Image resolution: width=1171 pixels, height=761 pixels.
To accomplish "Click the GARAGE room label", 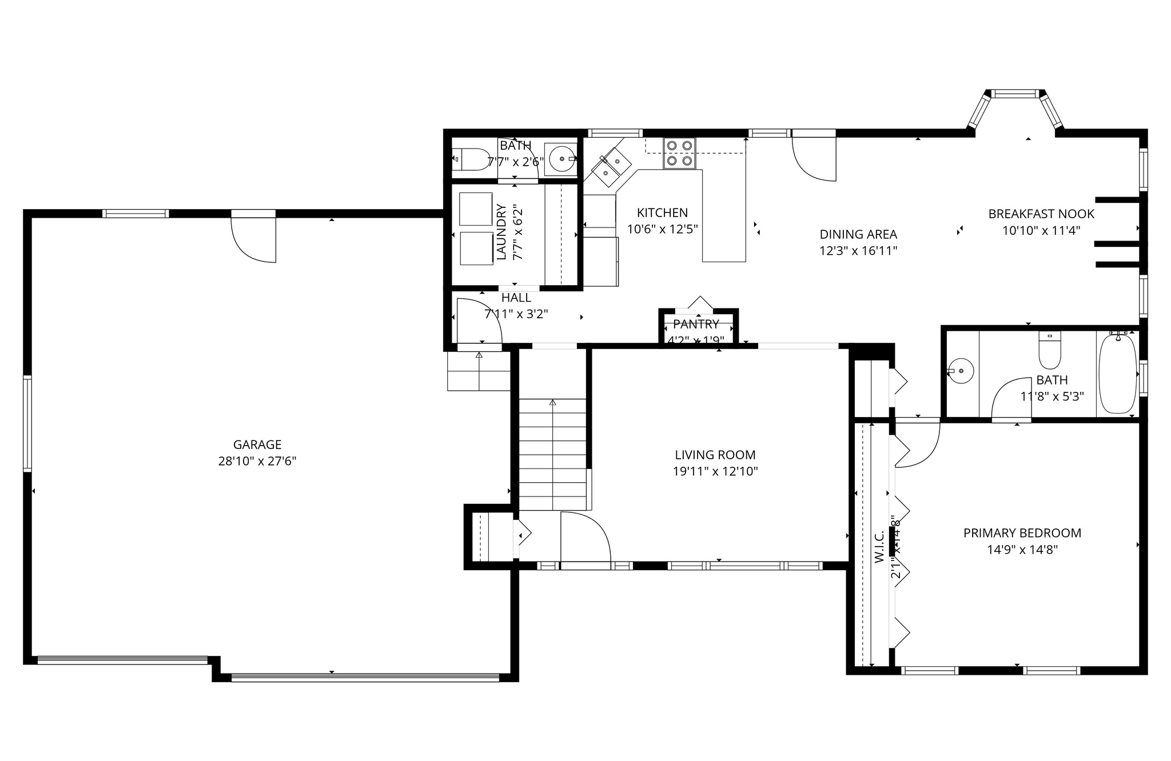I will (x=257, y=444).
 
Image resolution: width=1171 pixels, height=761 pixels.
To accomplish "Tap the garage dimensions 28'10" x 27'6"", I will (x=257, y=461).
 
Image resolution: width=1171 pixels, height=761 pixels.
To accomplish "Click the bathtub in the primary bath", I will (x=1117, y=374).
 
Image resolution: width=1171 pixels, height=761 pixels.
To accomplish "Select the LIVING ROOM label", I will (x=715, y=455).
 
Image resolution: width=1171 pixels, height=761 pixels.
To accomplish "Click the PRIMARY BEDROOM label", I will (x=1022, y=533).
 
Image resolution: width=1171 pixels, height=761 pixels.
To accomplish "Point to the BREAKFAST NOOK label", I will (x=1041, y=214).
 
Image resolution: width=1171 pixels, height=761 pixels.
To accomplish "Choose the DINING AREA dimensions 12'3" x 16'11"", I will (x=858, y=250).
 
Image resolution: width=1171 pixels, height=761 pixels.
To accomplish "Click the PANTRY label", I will (x=696, y=325).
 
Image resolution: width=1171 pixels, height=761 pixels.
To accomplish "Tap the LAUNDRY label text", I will (x=501, y=232).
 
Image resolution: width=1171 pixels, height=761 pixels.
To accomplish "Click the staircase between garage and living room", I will (x=552, y=454).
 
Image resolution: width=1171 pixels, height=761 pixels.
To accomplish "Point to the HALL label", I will (x=516, y=298).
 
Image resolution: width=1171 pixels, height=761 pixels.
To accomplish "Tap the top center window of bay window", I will (x=1014, y=94).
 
